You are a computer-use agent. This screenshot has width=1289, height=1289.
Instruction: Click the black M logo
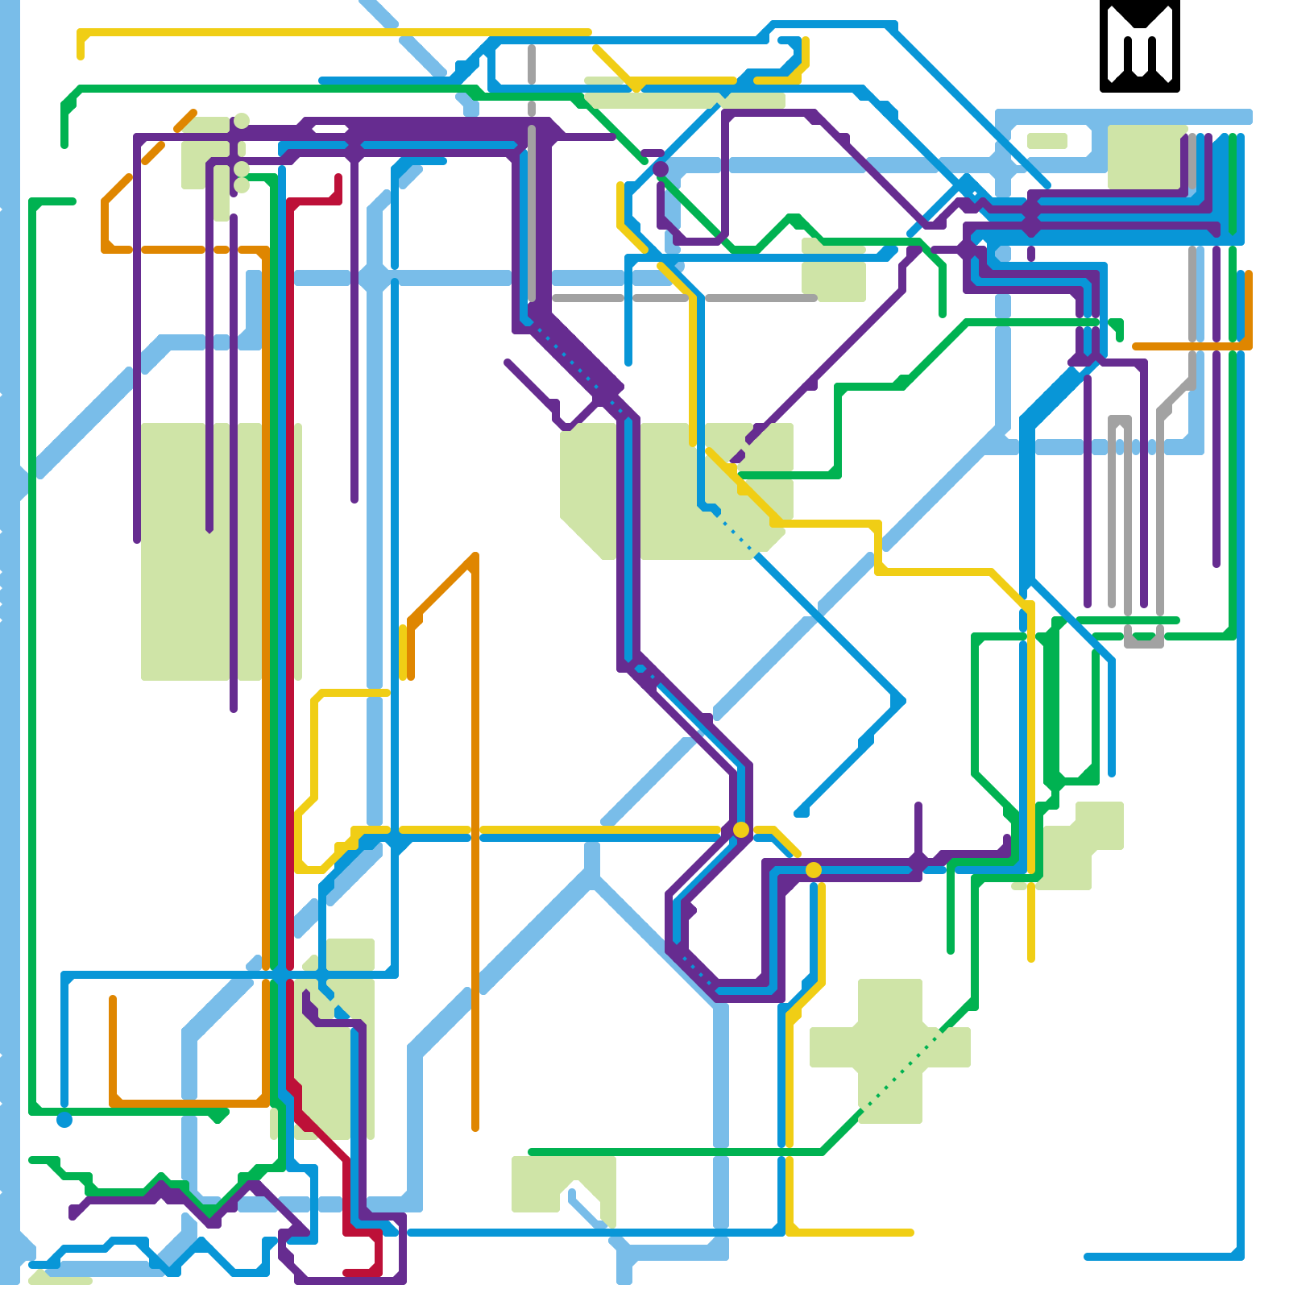tap(1139, 46)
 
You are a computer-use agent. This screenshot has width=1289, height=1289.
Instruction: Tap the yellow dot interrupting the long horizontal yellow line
tap(741, 830)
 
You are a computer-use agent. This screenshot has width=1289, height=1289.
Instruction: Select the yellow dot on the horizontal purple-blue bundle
tap(814, 870)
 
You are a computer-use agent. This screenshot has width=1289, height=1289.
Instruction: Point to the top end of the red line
tap(338, 178)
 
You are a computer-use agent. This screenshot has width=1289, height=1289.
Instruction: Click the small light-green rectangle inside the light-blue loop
tap(1047, 141)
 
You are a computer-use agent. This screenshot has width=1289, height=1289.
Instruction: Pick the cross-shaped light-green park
tap(890, 1047)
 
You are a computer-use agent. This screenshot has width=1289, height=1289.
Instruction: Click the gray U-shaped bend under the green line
tap(1144, 640)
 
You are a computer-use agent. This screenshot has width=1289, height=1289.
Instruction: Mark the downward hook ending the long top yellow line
tap(81, 48)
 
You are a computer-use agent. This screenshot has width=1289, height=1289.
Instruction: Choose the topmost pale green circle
tap(242, 121)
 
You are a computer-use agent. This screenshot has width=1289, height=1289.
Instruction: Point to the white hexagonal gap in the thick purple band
tap(330, 129)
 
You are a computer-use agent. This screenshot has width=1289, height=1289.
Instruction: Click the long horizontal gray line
tap(685, 298)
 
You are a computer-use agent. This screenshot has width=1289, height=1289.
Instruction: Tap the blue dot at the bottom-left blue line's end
tap(64, 1120)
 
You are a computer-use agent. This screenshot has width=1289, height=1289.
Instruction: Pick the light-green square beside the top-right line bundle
tap(1144, 157)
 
